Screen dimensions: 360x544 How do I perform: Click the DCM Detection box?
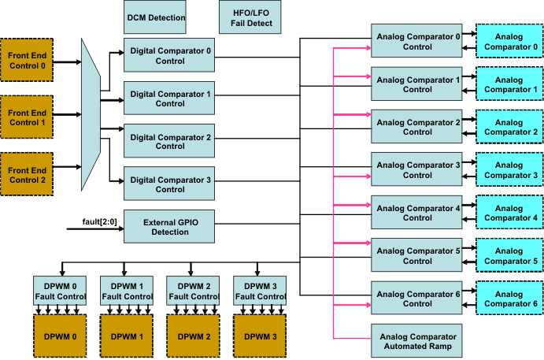tap(156, 17)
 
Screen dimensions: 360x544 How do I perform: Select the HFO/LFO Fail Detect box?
tap(250, 17)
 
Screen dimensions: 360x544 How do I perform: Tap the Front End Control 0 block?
tap(27, 60)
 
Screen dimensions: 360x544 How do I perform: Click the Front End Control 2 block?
tap(27, 167)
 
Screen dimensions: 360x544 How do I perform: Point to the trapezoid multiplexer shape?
tap(91, 115)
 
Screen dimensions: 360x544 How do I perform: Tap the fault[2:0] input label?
tap(98, 220)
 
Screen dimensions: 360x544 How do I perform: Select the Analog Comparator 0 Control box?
tap(416, 41)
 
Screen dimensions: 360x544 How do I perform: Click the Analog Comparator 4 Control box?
tap(416, 213)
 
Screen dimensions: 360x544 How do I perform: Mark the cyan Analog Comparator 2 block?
tap(508, 127)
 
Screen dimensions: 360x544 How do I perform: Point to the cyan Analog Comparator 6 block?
tap(508, 299)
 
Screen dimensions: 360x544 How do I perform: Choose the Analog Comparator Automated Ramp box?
tap(416, 340)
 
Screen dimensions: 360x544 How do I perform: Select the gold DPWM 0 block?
tap(60, 336)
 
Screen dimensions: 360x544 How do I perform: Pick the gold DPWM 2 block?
tap(193, 336)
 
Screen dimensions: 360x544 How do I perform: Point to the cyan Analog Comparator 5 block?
tap(508, 255)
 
